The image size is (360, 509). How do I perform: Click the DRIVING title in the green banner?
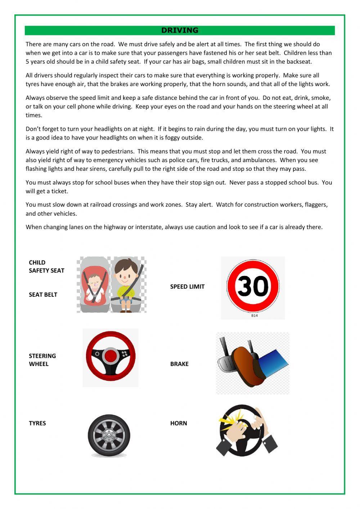180,30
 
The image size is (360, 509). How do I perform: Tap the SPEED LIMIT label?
187,287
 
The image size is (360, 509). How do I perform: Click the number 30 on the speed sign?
253,286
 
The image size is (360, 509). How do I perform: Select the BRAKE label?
179,364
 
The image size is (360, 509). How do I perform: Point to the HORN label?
179,423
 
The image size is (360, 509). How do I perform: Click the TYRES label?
37,423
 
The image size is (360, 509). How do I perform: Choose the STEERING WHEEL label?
42,360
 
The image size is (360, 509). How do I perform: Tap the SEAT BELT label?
43,295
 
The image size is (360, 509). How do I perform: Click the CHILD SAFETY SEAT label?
46,267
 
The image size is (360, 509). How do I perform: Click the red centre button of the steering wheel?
111,356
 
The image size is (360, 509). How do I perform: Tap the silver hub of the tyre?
109,436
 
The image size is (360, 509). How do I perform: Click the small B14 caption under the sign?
255,316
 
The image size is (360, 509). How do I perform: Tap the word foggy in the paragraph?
171,138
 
